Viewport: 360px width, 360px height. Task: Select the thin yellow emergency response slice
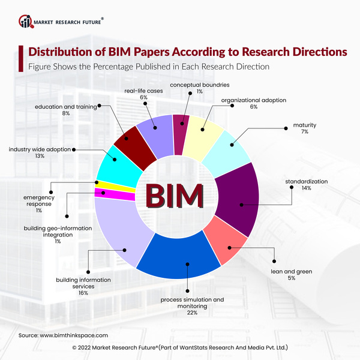pyautogui.click(x=102, y=185)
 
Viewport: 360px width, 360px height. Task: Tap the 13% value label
pyautogui.click(x=40, y=155)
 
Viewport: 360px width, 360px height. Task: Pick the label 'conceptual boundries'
pyautogui.click(x=200, y=85)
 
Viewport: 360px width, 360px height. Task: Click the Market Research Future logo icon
pyautogui.click(x=25, y=22)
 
